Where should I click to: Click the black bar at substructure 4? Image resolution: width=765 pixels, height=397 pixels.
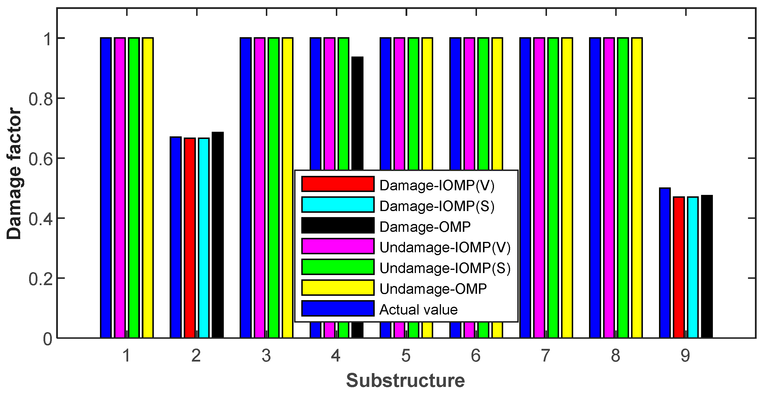[x=357, y=113]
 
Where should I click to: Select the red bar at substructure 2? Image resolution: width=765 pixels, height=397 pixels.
[x=190, y=238]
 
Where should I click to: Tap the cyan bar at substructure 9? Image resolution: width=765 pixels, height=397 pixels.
[x=693, y=267]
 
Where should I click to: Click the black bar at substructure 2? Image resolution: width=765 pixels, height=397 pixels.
[x=218, y=235]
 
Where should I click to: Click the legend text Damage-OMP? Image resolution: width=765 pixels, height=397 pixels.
[x=425, y=227]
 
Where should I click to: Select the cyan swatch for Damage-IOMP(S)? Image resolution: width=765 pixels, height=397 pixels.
[x=338, y=205]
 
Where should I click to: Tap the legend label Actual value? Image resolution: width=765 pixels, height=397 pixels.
[x=419, y=310]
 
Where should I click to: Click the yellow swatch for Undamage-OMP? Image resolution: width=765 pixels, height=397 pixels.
[x=338, y=288]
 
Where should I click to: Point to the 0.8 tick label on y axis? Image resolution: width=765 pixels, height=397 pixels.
[x=41, y=99]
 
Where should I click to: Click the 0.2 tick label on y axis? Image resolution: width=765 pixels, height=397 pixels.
[x=41, y=279]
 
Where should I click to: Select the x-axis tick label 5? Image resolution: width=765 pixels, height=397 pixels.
[x=406, y=356]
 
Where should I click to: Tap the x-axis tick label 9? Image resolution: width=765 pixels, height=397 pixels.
[x=686, y=356]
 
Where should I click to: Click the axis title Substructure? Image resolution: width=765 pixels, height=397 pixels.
[x=405, y=381]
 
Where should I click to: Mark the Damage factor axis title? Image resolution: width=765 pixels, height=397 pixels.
[x=14, y=174]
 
